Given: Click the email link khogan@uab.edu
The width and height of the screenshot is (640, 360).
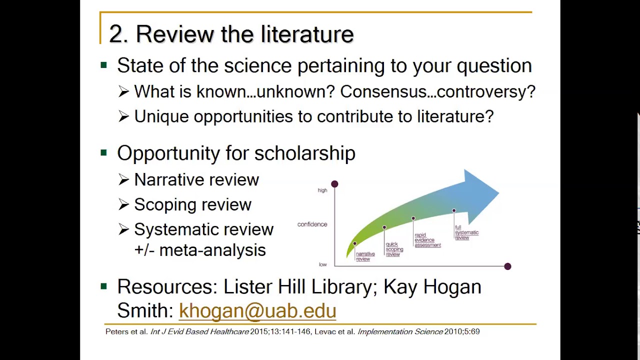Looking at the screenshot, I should tap(257, 310).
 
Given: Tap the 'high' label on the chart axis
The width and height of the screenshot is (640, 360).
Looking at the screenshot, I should tap(322, 190).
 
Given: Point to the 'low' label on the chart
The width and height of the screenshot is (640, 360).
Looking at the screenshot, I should tap(323, 264).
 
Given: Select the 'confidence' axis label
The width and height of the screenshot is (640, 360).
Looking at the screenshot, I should tap(312, 224).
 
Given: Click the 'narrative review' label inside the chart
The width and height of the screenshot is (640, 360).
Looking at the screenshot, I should tap(365, 256).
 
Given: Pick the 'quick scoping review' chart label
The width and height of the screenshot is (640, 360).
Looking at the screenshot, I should tap(394, 249).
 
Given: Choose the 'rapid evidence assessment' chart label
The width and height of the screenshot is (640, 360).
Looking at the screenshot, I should tap(427, 240).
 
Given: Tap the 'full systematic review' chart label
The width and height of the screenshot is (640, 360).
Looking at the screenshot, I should tap(466, 232).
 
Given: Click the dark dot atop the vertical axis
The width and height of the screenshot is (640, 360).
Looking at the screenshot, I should tap(334, 184).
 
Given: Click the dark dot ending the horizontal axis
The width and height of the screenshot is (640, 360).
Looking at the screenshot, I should tap(507, 266).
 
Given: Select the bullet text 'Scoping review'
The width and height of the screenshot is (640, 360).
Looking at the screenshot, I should tap(192, 204).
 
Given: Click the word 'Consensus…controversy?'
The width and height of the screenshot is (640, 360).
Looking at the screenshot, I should tap(437, 91).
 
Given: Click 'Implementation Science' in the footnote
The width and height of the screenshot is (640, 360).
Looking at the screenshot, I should tap(400, 331).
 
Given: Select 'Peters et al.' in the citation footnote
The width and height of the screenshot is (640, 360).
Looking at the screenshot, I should tap(126, 331).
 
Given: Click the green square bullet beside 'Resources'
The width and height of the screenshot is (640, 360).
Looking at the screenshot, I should tap(103, 286).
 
